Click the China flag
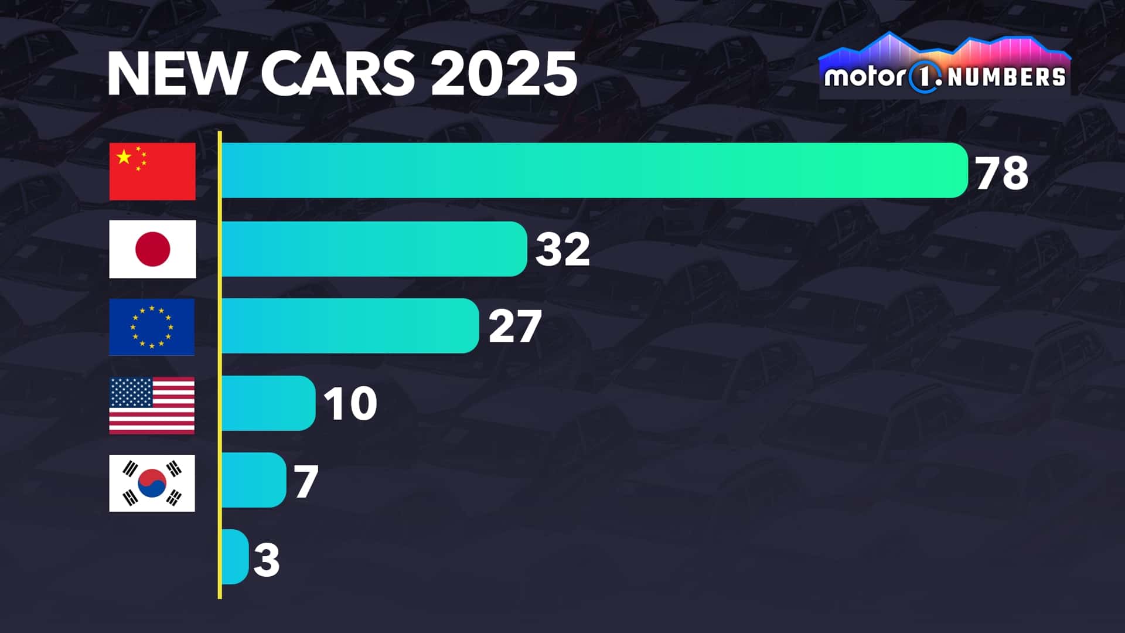click(x=152, y=171)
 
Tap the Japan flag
click(x=152, y=249)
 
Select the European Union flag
click(x=152, y=327)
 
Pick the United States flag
click(x=152, y=405)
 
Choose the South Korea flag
click(x=152, y=483)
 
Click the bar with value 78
click(x=594, y=170)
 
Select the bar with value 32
click(x=374, y=249)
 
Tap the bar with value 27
click(x=350, y=326)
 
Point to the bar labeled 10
click(x=268, y=403)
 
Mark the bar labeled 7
click(x=253, y=480)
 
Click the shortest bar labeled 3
click(x=234, y=557)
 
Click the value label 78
click(x=1002, y=173)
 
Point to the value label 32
click(x=562, y=249)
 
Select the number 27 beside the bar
click(x=514, y=326)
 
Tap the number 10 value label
click(x=350, y=404)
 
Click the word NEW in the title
click(x=175, y=74)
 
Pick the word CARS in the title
click(x=337, y=74)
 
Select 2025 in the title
click(x=504, y=74)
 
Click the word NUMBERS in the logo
click(x=1005, y=77)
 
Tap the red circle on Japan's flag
click(x=152, y=249)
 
